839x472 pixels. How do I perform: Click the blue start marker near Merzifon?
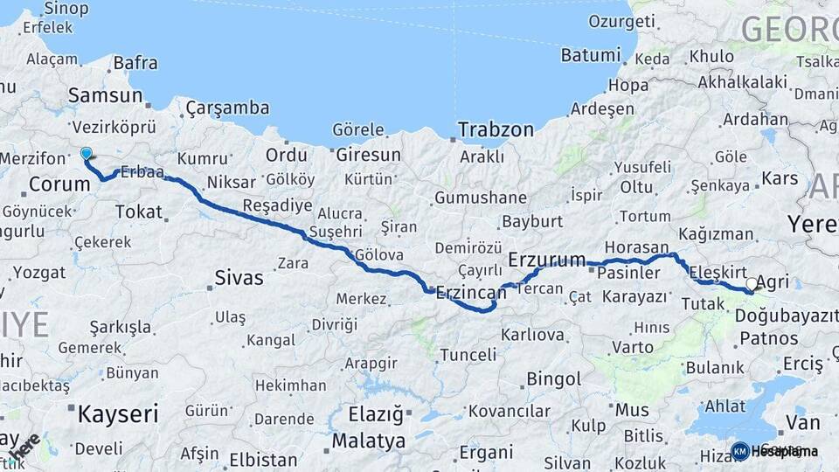(86, 155)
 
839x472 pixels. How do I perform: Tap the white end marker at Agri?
(752, 284)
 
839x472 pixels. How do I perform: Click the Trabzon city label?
(496, 129)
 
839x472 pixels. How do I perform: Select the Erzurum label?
(546, 259)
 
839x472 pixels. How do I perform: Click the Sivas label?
(239, 279)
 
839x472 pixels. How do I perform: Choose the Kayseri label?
(117, 413)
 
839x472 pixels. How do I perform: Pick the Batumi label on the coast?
(590, 55)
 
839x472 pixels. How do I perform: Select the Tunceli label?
(468, 355)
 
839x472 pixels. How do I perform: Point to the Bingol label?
(553, 379)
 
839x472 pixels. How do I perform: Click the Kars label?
(780, 178)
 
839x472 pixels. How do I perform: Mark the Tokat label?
(138, 212)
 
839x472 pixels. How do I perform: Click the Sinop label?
(66, 9)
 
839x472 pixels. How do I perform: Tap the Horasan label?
(635, 247)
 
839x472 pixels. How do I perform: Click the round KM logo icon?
(739, 451)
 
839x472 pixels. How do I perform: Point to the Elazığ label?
(376, 413)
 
